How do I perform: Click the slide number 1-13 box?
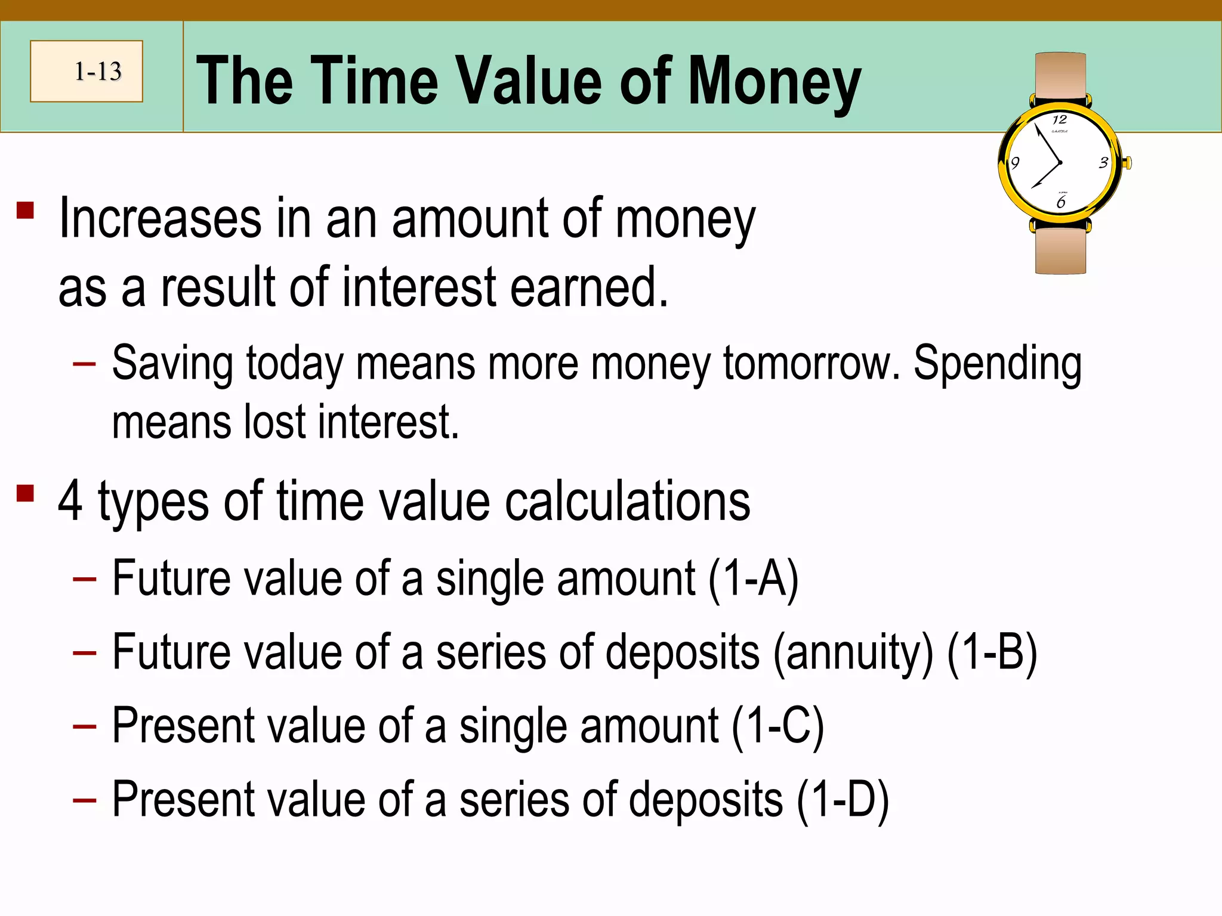[87, 71]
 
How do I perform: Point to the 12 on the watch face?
[1059, 119]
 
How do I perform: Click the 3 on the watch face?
[1103, 163]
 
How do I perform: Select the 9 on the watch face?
[1015, 163]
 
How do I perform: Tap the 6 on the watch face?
[1060, 203]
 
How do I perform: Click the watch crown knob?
[1127, 163]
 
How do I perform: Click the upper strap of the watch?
[1060, 75]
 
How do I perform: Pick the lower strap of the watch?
[1060, 250]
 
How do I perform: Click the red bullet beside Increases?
[26, 211]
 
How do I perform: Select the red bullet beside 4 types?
[26, 494]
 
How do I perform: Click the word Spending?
[997, 363]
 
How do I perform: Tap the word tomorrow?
[811, 363]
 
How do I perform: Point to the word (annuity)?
[853, 652]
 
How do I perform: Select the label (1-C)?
[777, 726]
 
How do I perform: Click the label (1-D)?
[843, 800]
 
